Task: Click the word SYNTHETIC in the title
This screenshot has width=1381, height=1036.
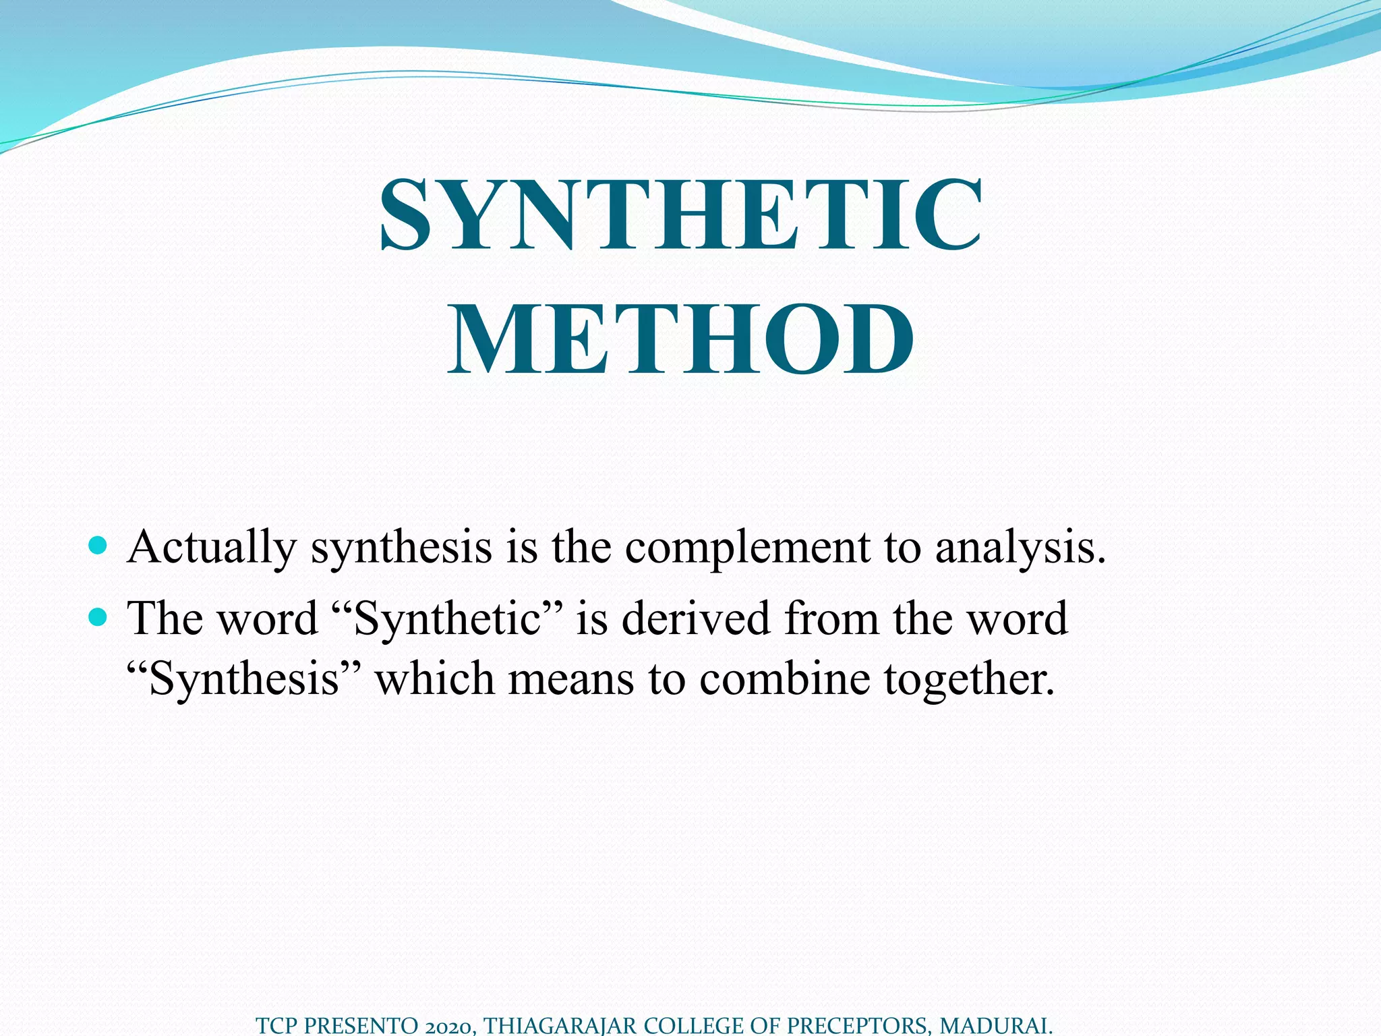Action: (681, 214)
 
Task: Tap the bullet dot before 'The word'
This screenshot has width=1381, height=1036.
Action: (98, 616)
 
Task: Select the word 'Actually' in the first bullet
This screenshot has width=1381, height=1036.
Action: (212, 548)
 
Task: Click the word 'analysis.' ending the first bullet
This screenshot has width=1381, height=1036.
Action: (1020, 548)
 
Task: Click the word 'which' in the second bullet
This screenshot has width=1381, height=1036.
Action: (434, 679)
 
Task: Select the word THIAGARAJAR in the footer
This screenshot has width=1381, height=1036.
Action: (560, 1025)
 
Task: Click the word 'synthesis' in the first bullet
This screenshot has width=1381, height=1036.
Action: (401, 548)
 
